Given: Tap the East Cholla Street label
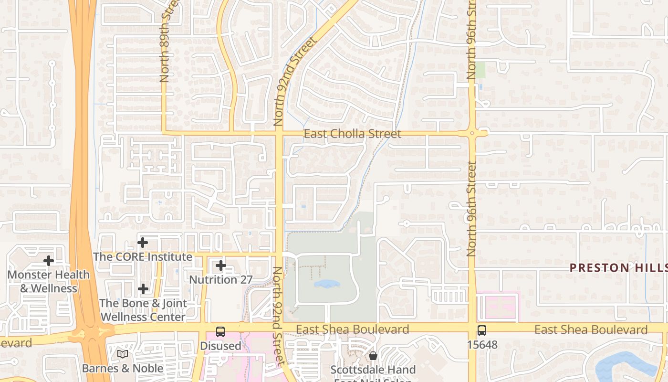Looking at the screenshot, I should (x=353, y=134).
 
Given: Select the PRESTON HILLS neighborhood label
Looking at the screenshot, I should (x=619, y=267).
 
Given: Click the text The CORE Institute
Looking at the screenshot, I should (x=143, y=257).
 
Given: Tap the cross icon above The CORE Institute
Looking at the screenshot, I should (x=143, y=243).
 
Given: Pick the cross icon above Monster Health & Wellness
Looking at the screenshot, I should (x=49, y=261).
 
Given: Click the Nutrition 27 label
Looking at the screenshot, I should (x=221, y=279).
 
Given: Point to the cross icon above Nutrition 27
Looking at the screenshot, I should (x=221, y=265).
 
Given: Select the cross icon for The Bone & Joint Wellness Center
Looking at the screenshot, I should (x=143, y=289).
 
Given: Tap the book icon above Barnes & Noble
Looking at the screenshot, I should (x=123, y=354).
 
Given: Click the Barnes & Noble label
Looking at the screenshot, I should (x=123, y=368).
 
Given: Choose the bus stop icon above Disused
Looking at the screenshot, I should (x=220, y=331).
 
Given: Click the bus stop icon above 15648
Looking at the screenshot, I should (x=482, y=330).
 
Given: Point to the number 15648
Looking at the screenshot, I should (x=482, y=344).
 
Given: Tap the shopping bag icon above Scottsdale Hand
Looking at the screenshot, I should (x=373, y=356).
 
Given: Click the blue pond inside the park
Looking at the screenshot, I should (x=327, y=284).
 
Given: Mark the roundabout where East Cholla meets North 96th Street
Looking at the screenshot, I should (x=472, y=134).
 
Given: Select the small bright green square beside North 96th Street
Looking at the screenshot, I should (x=480, y=70).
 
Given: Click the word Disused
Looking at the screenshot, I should (x=220, y=345).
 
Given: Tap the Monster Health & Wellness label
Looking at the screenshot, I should (x=49, y=281).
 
